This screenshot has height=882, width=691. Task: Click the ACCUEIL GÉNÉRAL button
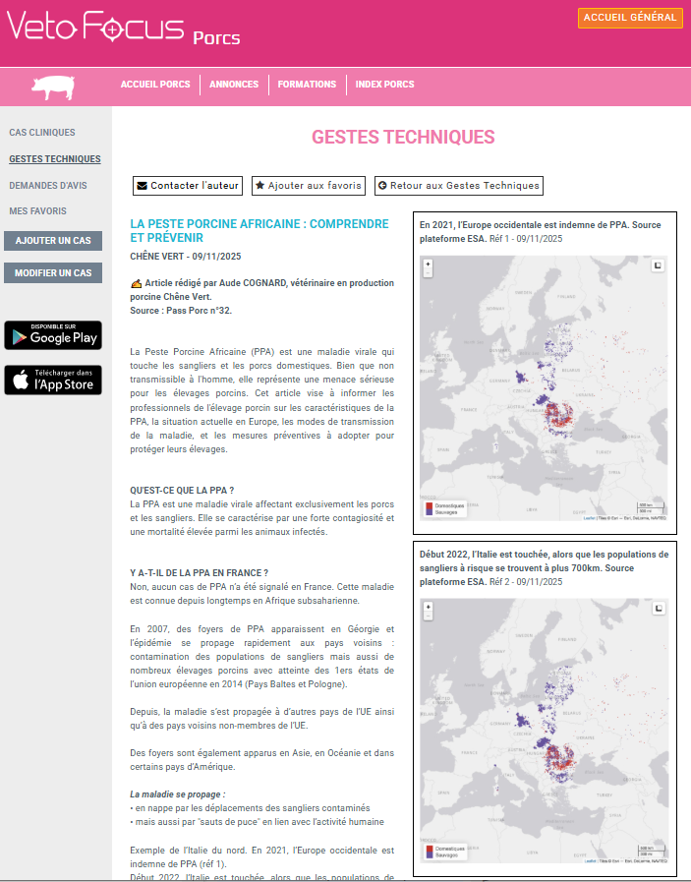(630, 18)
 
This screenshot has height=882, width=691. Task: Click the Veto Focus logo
(95, 29)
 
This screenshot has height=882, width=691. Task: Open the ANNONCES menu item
(234, 85)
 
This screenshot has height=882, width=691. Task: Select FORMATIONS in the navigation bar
(307, 85)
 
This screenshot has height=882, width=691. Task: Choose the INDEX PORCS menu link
(384, 85)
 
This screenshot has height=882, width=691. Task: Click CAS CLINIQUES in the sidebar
(42, 133)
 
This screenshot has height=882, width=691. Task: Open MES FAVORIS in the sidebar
(38, 211)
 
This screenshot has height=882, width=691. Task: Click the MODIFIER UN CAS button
(53, 272)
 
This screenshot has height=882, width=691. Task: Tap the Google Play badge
(53, 335)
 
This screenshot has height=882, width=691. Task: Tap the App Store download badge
(53, 380)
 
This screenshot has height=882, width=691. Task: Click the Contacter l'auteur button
(188, 185)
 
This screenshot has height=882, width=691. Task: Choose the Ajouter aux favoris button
(309, 185)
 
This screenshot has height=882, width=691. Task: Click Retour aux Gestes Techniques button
(458, 185)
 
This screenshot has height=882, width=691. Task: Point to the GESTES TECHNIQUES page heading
(403, 137)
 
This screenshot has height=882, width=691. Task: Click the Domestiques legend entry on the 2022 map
(448, 848)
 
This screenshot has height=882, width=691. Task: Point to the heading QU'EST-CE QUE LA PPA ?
(182, 490)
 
